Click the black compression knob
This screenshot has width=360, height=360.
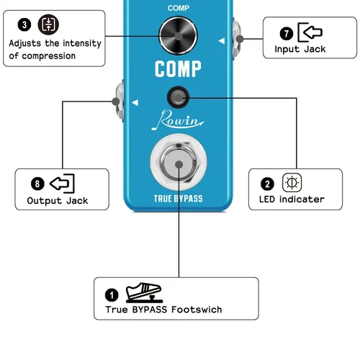178,34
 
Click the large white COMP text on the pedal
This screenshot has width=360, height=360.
177,70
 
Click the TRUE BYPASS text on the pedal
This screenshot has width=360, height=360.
178,198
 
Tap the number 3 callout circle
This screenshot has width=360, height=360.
25,24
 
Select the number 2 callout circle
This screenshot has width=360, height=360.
268,183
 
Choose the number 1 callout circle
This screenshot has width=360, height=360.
112,294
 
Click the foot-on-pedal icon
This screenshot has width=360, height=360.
142,293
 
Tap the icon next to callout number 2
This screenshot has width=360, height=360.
291,182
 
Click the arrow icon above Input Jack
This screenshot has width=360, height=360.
310,32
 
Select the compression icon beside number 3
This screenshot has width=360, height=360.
48,24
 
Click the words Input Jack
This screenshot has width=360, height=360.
300,50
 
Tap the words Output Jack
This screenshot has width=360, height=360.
58,201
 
